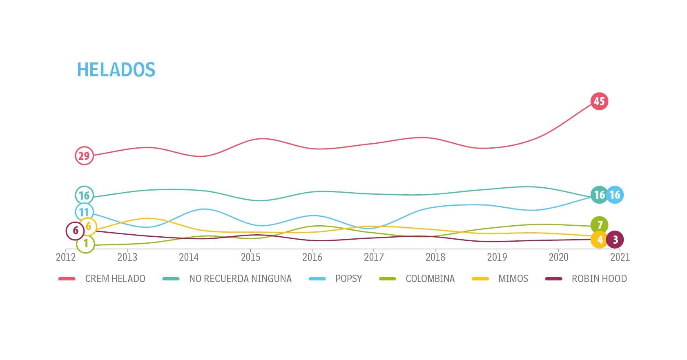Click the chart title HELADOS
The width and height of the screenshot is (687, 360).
coord(116,69)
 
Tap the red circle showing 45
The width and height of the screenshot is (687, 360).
coord(599,101)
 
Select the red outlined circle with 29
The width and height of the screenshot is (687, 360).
coord(84,156)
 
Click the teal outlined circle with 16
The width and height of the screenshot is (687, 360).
coord(84,196)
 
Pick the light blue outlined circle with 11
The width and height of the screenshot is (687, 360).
coord(84,212)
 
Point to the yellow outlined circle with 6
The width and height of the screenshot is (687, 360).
coord(88,227)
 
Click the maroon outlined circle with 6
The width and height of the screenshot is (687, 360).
coord(75,231)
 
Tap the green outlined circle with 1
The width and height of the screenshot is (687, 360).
coord(86,244)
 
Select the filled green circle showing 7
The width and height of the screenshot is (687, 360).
coord(600,225)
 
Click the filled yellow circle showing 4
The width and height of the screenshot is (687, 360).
coord(600,240)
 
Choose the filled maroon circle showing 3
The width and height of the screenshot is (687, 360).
coord(615,240)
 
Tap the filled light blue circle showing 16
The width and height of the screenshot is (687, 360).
coord(615,195)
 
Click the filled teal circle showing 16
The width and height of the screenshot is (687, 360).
coord(599,195)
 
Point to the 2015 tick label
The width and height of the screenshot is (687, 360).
coord(251,257)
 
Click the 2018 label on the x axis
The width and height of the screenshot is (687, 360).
coord(435,257)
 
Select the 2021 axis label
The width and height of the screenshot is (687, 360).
coord(620,257)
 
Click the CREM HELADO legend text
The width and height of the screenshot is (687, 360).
coord(115,279)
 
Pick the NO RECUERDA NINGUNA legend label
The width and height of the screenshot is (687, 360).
coord(240,279)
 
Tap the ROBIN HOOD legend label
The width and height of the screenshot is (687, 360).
coord(599,279)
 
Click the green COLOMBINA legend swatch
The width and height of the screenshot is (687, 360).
coord(388,279)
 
